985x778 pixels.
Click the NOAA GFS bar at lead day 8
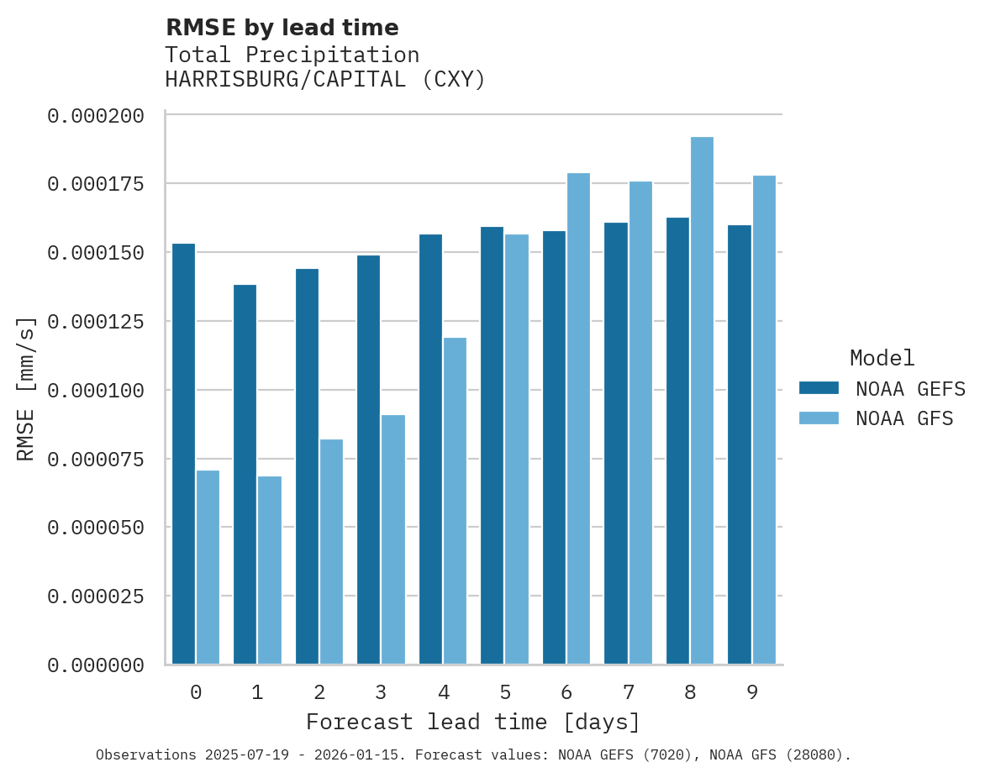pyautogui.click(x=702, y=401)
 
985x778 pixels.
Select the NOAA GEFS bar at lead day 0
pyautogui.click(x=183, y=454)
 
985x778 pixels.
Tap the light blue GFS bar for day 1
pyautogui.click(x=270, y=570)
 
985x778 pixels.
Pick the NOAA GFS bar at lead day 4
pyautogui.click(x=455, y=501)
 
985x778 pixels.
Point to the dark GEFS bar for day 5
pyautogui.click(x=492, y=445)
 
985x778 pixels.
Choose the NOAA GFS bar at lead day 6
pyautogui.click(x=578, y=418)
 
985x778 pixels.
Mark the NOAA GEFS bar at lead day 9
pyautogui.click(x=740, y=444)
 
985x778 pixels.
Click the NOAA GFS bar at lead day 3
pyautogui.click(x=393, y=539)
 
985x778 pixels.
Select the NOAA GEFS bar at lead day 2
pyautogui.click(x=307, y=466)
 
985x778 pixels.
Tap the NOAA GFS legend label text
pyautogui.click(x=904, y=418)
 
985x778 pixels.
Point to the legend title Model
pyautogui.click(x=882, y=359)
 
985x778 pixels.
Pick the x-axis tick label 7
pyautogui.click(x=628, y=692)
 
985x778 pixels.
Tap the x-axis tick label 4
pyautogui.click(x=443, y=692)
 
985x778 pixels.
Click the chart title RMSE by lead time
pyautogui.click(x=282, y=28)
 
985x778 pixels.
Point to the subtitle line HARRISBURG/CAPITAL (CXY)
pyautogui.click(x=325, y=80)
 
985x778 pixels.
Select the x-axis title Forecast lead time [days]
pyautogui.click(x=473, y=723)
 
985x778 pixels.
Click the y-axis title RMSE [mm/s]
pyautogui.click(x=26, y=389)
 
